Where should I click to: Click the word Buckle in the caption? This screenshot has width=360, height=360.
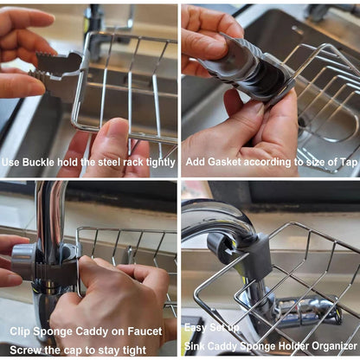point(42,162)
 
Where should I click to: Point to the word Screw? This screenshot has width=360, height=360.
point(27,349)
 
